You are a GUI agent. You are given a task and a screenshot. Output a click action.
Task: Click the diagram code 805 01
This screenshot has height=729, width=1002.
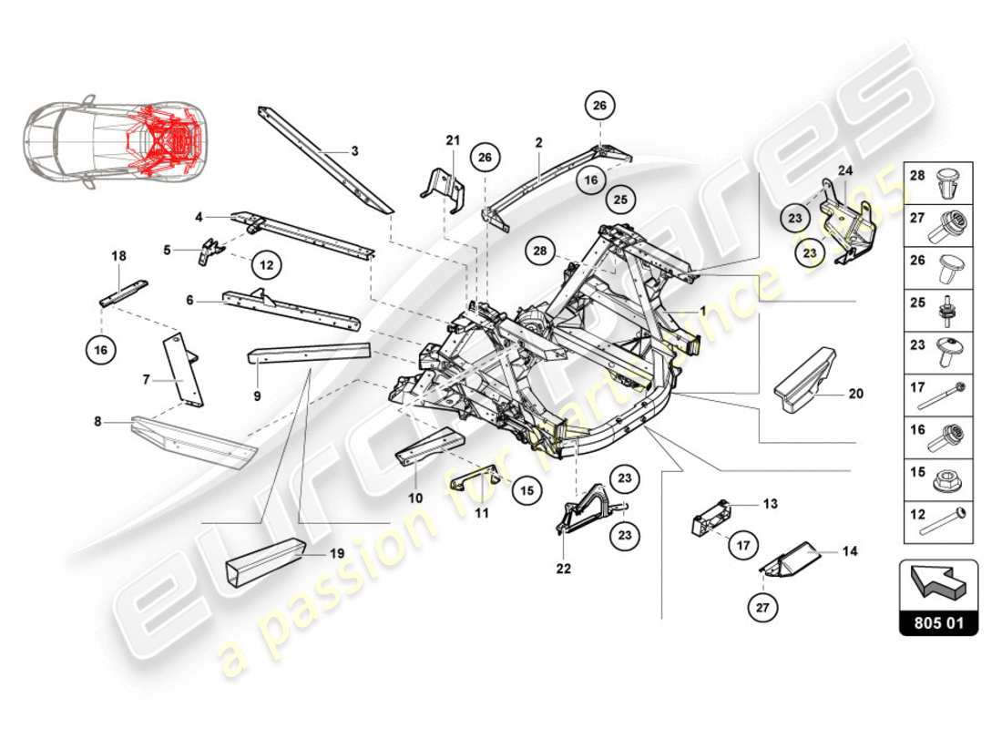pos(938,625)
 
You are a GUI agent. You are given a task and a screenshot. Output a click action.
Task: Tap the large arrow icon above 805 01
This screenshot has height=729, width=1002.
pos(938,584)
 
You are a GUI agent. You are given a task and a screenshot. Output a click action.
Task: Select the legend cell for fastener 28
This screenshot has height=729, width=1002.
pos(938,182)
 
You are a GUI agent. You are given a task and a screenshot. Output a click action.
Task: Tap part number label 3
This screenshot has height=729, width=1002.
pos(354,150)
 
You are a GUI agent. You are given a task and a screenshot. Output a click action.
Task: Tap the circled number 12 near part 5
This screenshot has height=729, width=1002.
pos(265,265)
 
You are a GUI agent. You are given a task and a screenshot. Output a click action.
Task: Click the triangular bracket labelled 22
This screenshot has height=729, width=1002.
pos(578,510)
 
